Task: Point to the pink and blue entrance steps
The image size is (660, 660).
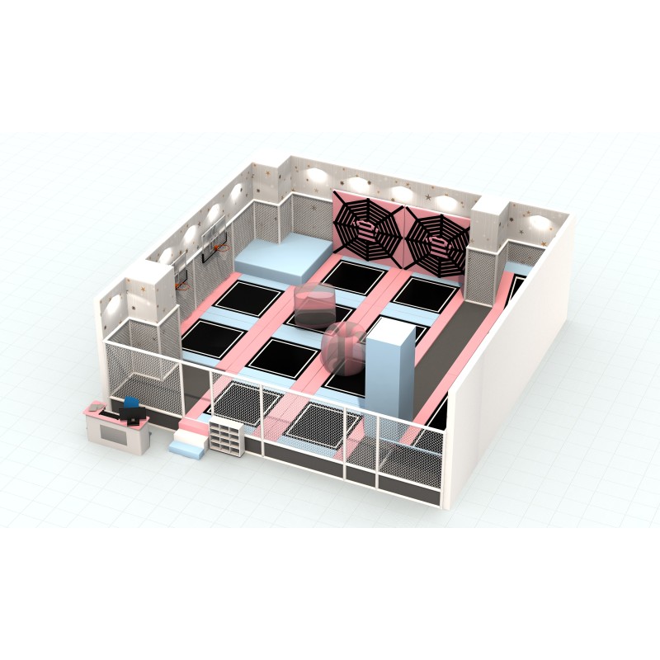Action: coord(187,438)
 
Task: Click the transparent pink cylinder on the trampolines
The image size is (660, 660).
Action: coord(311,306)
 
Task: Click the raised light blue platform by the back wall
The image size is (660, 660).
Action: coord(278,255)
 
